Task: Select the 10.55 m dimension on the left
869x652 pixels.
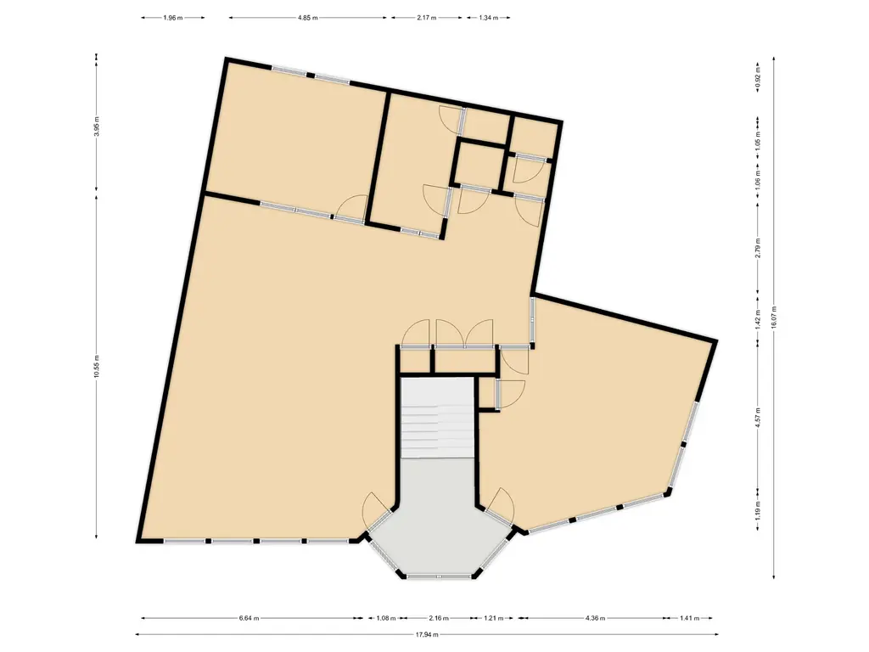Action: point(97,367)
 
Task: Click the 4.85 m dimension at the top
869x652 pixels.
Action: point(308,17)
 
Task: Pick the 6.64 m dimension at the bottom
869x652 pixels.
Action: point(249,618)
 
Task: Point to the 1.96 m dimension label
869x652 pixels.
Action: point(172,17)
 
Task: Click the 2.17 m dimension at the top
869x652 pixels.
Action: point(427,17)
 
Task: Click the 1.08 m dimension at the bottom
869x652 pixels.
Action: point(385,618)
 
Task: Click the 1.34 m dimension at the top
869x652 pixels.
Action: point(488,17)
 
